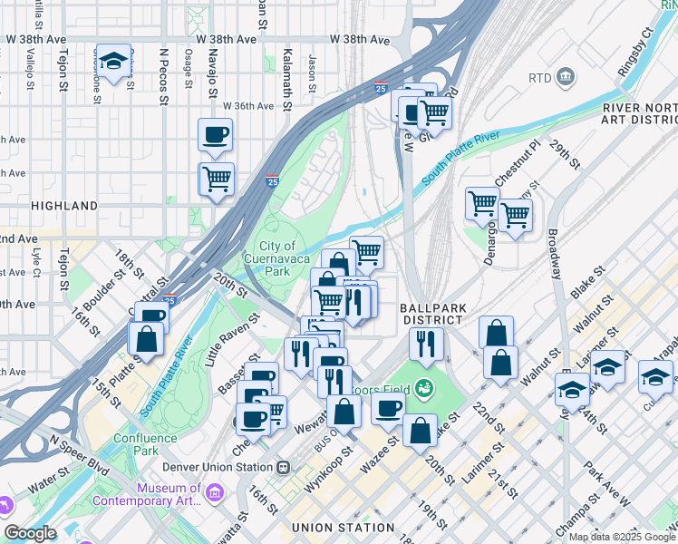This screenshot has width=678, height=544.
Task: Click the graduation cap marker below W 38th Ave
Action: (x=112, y=62)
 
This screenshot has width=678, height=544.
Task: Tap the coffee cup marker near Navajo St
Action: (x=215, y=134)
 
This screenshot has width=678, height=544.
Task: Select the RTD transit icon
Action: (x=567, y=76)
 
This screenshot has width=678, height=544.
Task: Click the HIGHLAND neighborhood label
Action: (x=63, y=206)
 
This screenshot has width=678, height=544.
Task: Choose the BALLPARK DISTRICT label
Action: (x=433, y=314)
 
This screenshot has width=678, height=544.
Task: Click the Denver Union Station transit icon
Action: (x=283, y=467)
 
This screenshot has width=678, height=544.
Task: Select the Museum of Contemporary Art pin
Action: (x=215, y=493)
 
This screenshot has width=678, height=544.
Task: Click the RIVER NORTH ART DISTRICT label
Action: (x=639, y=115)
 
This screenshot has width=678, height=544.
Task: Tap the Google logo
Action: (x=30, y=532)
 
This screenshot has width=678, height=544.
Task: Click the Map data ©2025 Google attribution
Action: (x=621, y=537)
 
